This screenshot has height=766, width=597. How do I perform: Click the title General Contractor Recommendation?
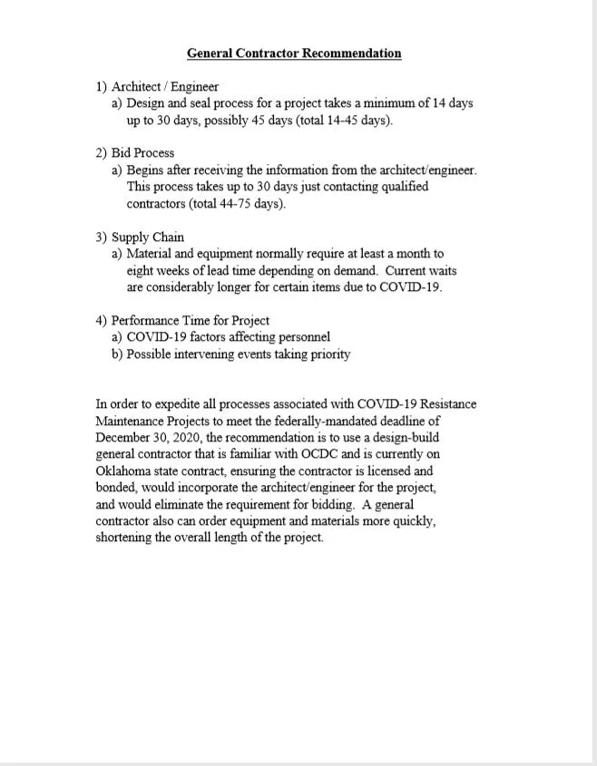click(x=294, y=53)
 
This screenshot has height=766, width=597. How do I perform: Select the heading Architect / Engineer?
click(x=164, y=87)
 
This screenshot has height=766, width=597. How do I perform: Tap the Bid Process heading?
click(x=142, y=153)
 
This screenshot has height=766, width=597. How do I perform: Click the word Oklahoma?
click(x=124, y=470)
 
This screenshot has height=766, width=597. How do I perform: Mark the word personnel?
click(x=302, y=338)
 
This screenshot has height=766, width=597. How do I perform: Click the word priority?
click(x=327, y=354)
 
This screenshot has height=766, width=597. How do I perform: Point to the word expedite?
click(x=181, y=404)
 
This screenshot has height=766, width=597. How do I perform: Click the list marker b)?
click(x=118, y=354)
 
